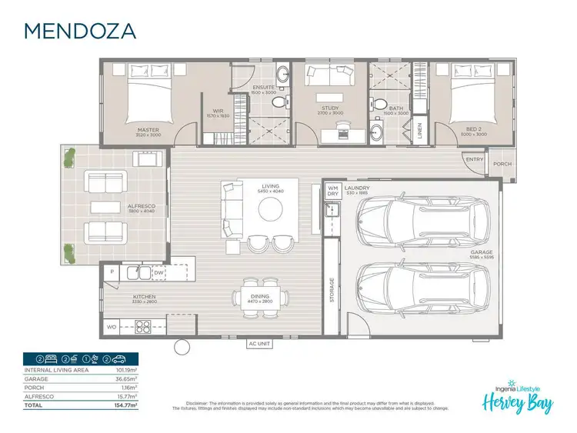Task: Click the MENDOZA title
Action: point(80,31)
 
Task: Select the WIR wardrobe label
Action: point(218,111)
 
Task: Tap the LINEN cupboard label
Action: point(419,132)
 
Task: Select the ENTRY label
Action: point(474,159)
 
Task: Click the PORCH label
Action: point(502,164)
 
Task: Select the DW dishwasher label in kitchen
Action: point(158,272)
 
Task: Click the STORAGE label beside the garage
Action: point(332,291)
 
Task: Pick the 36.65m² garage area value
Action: point(125,378)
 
